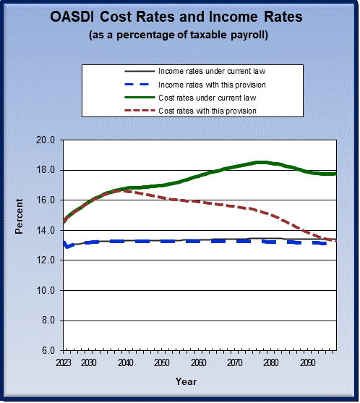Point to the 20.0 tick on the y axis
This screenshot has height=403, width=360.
pyautogui.click(x=46, y=140)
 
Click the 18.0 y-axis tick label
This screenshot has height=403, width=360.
pyautogui.click(x=46, y=170)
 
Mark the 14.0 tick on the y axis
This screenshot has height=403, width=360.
pyautogui.click(x=46, y=230)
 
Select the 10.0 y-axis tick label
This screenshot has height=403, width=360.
pyautogui.click(x=46, y=290)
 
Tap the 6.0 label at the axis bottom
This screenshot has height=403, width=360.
pyautogui.click(x=48, y=350)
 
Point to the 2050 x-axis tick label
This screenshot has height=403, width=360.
pyautogui.click(x=162, y=362)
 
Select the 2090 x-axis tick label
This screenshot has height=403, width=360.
pyautogui.click(x=307, y=362)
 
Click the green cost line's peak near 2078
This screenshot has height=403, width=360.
pyautogui.click(x=262, y=162)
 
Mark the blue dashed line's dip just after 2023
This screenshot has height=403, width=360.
pyautogui.click(x=67, y=247)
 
